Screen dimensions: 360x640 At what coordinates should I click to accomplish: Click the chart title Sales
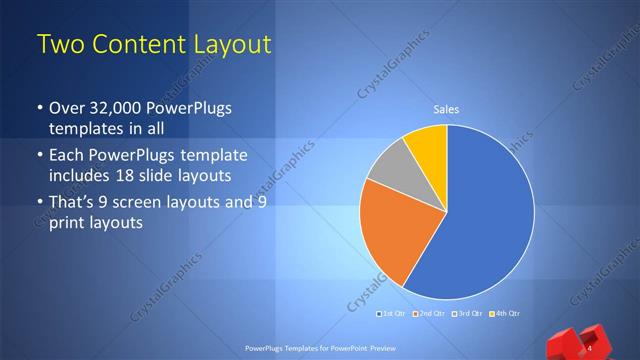(x=446, y=110)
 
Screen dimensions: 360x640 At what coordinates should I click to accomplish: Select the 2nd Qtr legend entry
(x=429, y=314)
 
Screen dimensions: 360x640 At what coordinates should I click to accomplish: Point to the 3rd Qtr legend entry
(x=468, y=314)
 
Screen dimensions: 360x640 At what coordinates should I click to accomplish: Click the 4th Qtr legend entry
(x=505, y=314)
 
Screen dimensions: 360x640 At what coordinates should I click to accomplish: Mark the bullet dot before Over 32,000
(x=40, y=108)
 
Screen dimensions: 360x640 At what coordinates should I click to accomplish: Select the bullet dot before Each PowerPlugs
(x=40, y=156)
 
